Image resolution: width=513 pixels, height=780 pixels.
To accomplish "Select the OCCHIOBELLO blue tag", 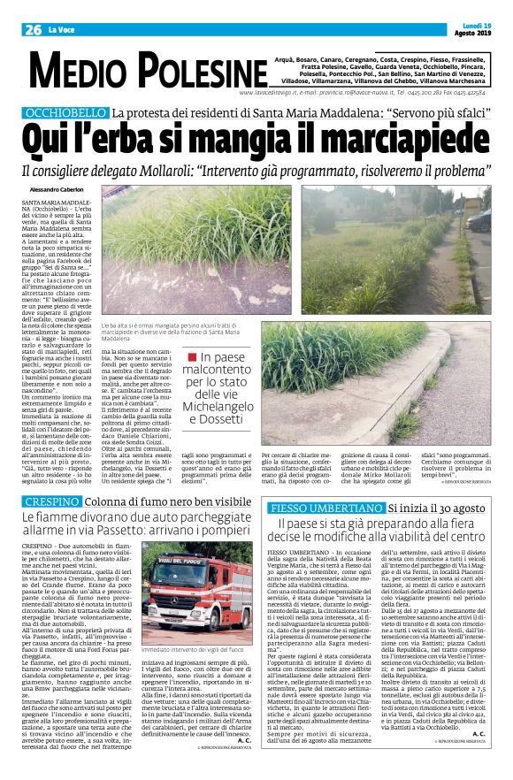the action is [65, 113].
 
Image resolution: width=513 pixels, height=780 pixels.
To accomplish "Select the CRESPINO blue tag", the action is [49, 502].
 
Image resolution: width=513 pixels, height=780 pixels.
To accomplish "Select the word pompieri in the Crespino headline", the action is [212, 534].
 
